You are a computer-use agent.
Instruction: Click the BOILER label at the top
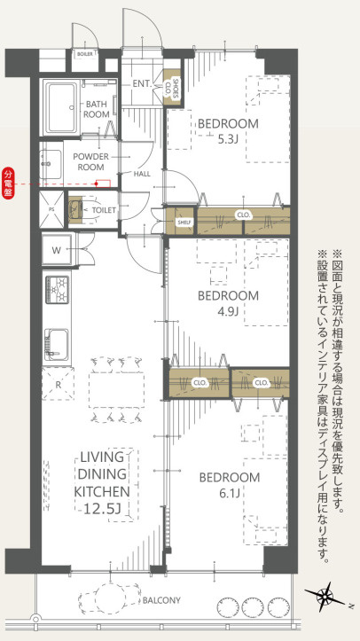point(84,53)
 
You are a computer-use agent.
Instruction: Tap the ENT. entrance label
point(141,84)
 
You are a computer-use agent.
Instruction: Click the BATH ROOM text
point(97,109)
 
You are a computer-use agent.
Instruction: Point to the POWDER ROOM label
point(90,160)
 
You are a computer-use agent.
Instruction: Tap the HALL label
point(142,174)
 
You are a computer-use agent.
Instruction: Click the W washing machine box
point(56,250)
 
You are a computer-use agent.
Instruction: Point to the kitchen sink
point(57,340)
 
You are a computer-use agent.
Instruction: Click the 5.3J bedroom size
point(228,139)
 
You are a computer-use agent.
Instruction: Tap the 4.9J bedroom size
point(228,311)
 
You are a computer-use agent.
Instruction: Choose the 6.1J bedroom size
point(229,494)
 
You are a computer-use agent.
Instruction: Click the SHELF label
point(184,223)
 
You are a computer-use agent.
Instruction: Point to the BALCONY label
point(161,600)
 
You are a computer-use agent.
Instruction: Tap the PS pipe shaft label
point(51,210)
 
